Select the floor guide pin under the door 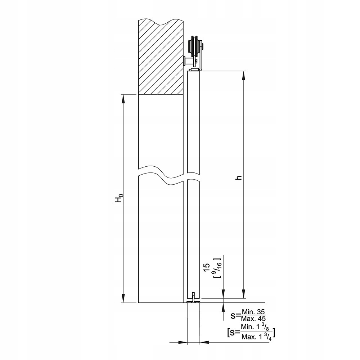point(194,298)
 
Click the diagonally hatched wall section point(161,58)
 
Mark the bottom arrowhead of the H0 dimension point(123,298)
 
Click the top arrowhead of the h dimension point(244,75)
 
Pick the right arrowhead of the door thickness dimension point(204,342)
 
